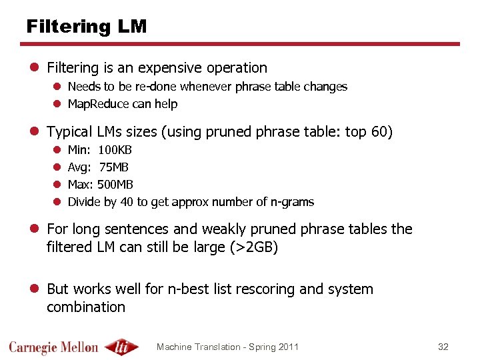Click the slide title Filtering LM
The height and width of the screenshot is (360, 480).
pos(86,27)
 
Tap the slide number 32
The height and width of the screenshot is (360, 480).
pos(443,347)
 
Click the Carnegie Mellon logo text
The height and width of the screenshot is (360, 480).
pos(54,347)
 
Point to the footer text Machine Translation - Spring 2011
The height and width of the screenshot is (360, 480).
pos(227,347)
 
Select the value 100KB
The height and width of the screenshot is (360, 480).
pos(115,150)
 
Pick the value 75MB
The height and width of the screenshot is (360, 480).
pos(114,167)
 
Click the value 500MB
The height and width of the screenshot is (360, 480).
pos(115,185)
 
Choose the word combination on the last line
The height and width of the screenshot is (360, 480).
pos(86,307)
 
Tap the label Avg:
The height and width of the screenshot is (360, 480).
pos(78,167)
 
